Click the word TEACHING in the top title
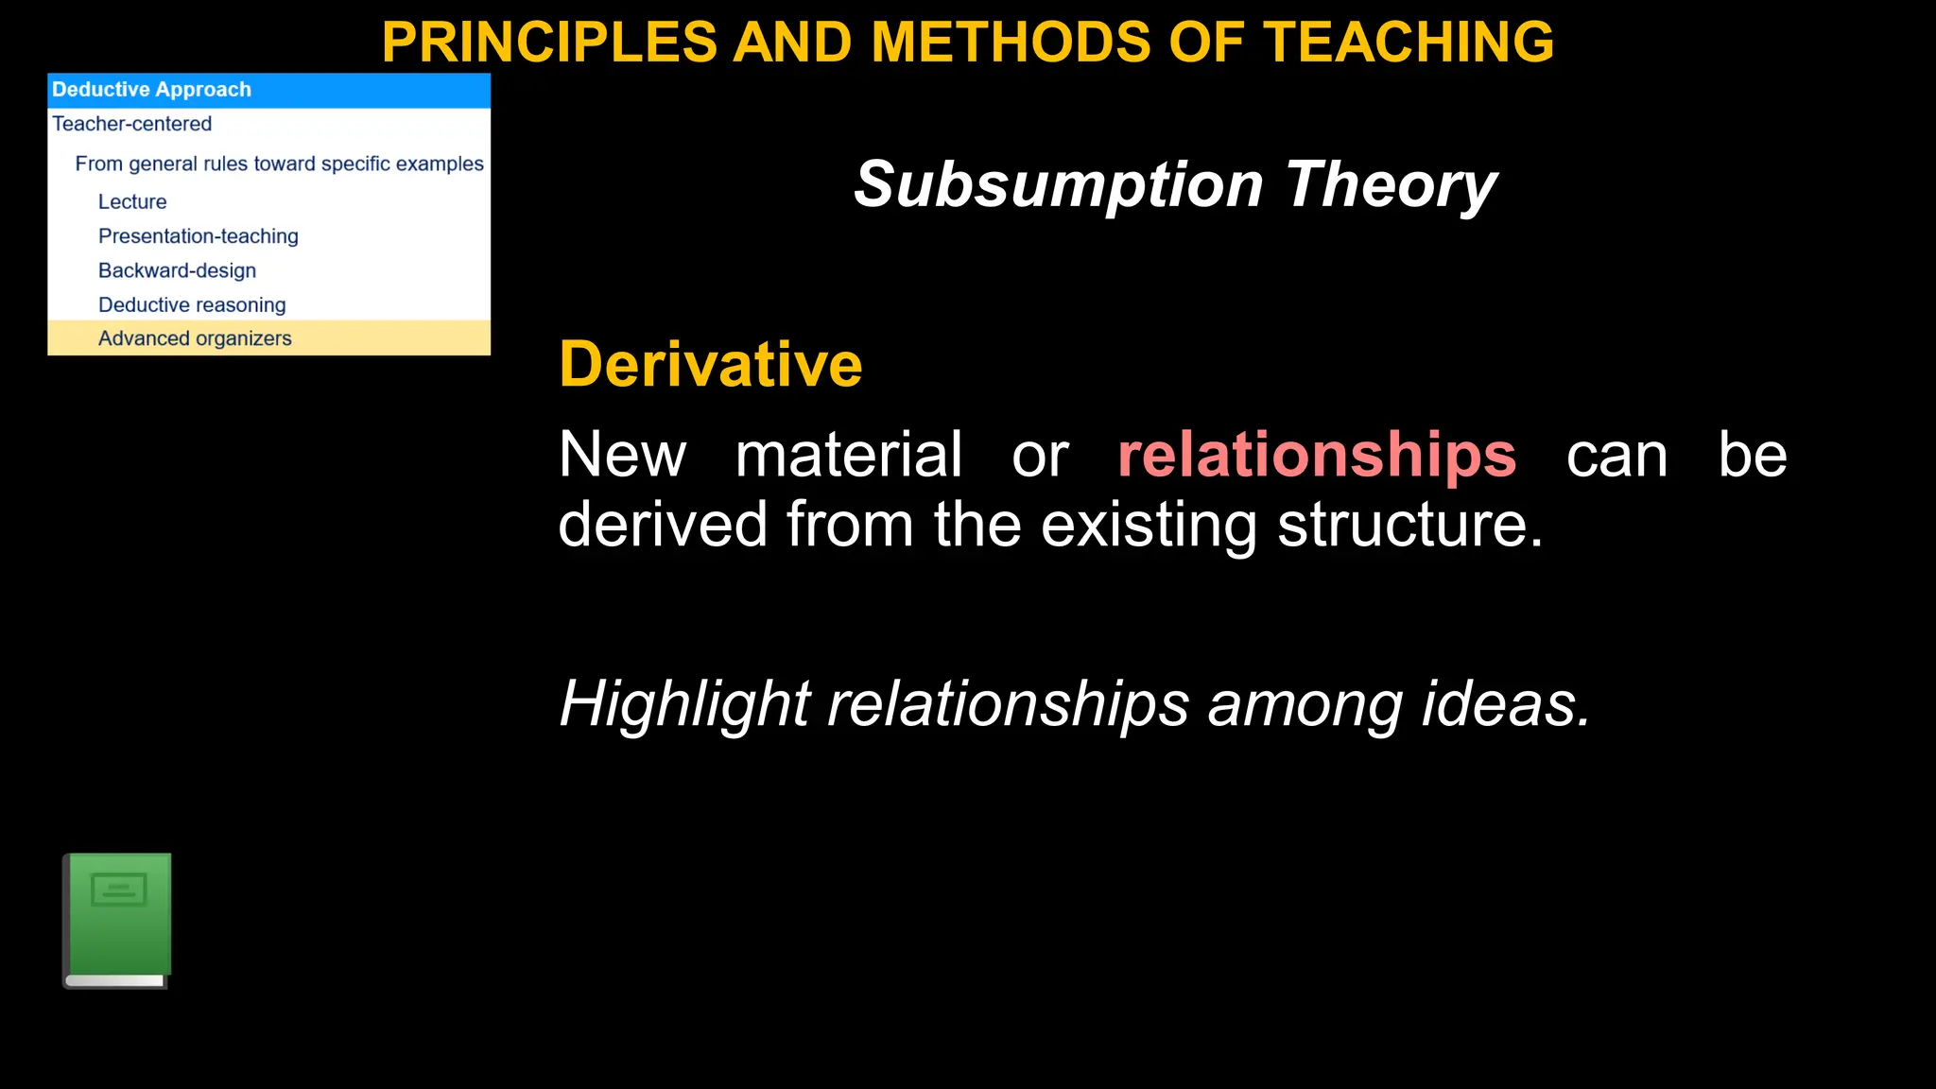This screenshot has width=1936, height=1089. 1409,43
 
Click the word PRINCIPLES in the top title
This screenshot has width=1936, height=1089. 549,43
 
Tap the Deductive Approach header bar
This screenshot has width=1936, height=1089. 268,90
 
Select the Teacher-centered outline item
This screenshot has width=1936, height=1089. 132,124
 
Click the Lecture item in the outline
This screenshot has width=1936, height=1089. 132,201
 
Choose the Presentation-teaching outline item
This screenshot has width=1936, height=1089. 199,236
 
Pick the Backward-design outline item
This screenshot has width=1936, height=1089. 178,270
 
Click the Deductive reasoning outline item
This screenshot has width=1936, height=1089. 192,304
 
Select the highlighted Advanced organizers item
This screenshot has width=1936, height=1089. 195,338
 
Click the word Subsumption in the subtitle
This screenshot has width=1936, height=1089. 1059,184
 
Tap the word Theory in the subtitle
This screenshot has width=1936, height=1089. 1391,184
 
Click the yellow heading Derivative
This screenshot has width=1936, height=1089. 711,365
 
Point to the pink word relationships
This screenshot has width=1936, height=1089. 1317,455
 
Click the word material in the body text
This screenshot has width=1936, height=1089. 849,455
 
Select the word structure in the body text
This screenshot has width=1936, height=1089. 1409,525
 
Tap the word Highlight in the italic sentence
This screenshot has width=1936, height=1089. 684,704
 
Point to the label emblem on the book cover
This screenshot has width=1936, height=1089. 119,889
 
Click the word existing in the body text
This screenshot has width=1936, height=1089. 1149,525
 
